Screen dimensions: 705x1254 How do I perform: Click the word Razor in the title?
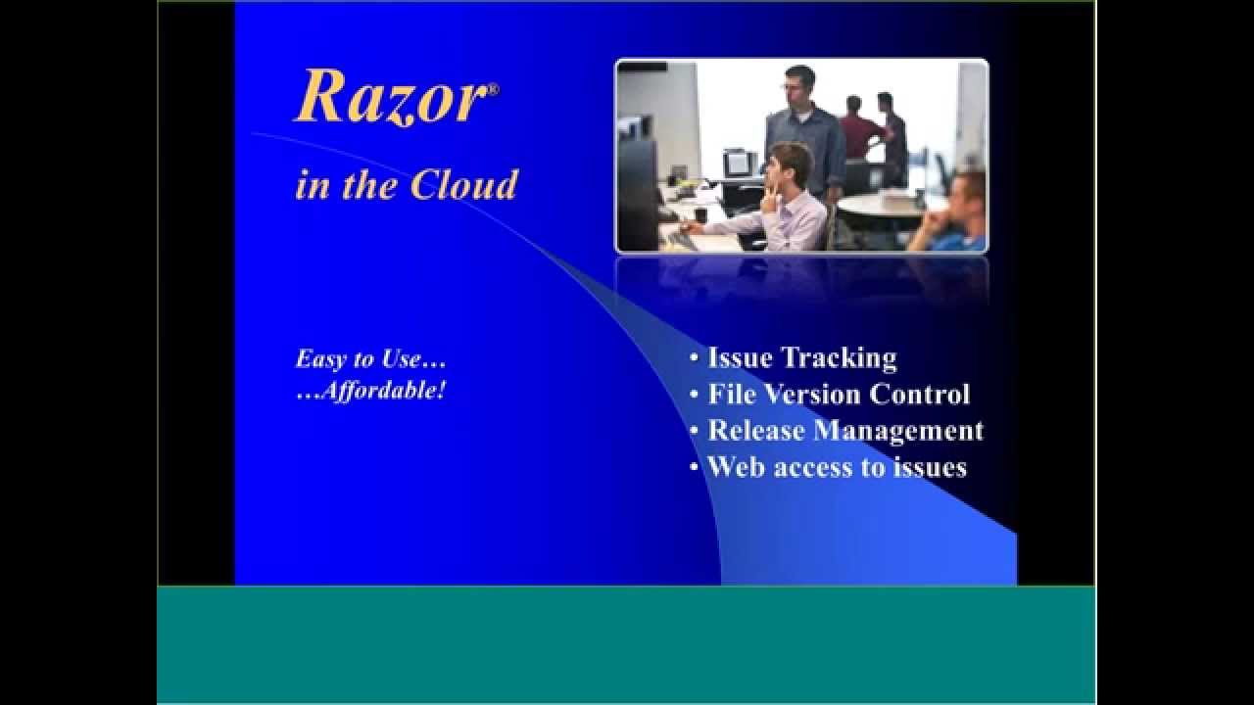390,97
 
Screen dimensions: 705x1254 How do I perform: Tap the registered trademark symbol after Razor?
493,89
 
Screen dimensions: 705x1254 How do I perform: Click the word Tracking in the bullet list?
842,358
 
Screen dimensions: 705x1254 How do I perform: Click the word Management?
898,431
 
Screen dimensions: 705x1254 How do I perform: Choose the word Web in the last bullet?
736,467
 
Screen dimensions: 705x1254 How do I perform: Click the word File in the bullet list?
731,395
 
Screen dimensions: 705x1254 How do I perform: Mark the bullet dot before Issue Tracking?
695,359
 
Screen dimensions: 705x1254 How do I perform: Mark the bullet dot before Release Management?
695,432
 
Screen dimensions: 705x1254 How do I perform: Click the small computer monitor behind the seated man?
736,162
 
